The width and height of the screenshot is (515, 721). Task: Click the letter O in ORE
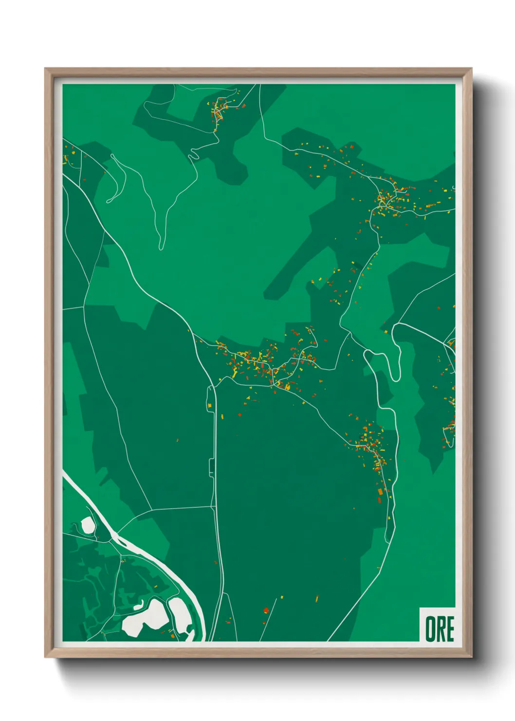tap(430, 629)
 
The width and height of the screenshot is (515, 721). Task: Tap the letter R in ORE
tap(440, 629)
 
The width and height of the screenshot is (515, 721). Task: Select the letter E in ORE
tap(450, 629)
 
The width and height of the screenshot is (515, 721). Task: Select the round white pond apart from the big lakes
tap(88, 525)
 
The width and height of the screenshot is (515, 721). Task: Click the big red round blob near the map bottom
tap(266, 610)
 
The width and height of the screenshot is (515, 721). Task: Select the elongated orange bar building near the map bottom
tap(317, 598)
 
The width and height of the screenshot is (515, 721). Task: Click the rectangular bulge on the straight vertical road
tap(211, 468)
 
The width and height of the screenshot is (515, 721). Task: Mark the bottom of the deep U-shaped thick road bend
tap(395, 378)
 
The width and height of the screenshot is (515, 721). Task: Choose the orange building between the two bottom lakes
tap(173, 635)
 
